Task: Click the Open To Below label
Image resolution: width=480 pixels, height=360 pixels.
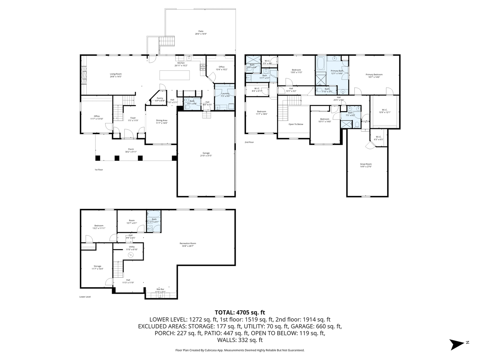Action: pyautogui.click(x=296, y=124)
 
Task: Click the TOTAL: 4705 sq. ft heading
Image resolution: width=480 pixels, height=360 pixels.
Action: pyautogui.click(x=240, y=312)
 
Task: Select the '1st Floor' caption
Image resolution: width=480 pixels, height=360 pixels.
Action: pyautogui.click(x=99, y=170)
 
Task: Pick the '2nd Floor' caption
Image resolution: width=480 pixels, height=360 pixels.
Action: pyautogui.click(x=249, y=142)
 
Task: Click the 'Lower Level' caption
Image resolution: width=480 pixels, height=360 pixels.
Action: pyautogui.click(x=85, y=297)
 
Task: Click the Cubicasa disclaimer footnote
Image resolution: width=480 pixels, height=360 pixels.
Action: pyautogui.click(x=240, y=350)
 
